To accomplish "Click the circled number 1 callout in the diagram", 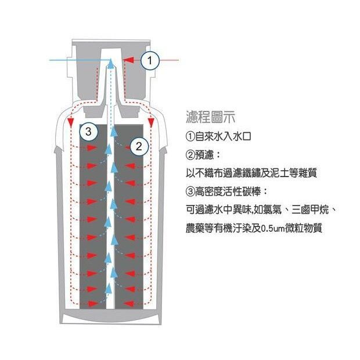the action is pyautogui.click(x=149, y=60).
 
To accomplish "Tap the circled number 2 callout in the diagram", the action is pyautogui.click(x=139, y=146).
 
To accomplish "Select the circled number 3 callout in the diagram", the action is pyautogui.click(x=88, y=132).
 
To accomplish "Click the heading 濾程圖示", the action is pyautogui.click(x=211, y=117).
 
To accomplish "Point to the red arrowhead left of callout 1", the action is pyautogui.click(x=128, y=60).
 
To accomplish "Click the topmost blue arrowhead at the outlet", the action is pyautogui.click(x=111, y=63).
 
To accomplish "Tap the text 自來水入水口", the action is pyautogui.click(x=223, y=137).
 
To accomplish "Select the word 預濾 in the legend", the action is pyautogui.click(x=204, y=155).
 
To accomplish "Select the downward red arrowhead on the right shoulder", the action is pyautogui.click(x=151, y=123).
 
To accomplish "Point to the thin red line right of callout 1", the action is pyautogui.click(x=169, y=60).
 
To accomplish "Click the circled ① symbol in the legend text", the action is pyautogui.click(x=190, y=137).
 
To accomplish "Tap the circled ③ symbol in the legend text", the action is pyautogui.click(x=190, y=192).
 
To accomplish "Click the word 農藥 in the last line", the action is pyautogui.click(x=195, y=228).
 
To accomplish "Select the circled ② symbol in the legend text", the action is pyautogui.click(x=190, y=155).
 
